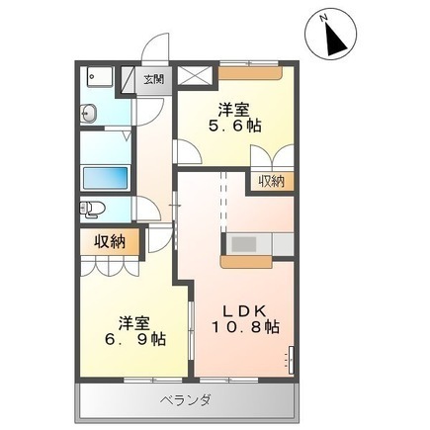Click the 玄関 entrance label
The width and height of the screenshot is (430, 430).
pos(153,79)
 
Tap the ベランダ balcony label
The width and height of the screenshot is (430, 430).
pos(185,401)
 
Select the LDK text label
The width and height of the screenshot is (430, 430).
pos(244,310)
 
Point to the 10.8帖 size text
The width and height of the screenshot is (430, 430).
pos(245,327)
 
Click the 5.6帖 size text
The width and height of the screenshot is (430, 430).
pos(235,126)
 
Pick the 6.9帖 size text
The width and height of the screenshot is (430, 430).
pos(135,339)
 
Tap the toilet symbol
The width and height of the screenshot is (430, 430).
pos(92,210)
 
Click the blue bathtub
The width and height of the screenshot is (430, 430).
pos(106,178)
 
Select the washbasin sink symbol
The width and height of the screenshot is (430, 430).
pos(88,113)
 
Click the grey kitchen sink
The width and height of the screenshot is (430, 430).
pos(244,244)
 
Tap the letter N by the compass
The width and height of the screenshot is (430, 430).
pos(324,19)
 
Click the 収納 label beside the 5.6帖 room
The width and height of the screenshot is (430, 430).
pos(271,181)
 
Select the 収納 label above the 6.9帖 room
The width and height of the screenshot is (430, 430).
pos(110,242)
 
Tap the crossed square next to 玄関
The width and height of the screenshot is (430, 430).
pos(194,75)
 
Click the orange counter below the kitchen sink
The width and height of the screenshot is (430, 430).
pos(246,262)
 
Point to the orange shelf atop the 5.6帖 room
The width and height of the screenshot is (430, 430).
pos(250,73)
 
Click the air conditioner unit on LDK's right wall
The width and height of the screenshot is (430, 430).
pos(292,360)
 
